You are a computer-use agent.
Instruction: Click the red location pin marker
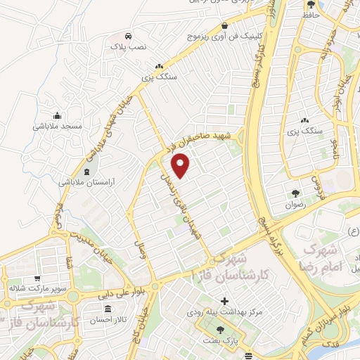(181, 166)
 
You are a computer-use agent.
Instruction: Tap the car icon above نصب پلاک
(127, 36)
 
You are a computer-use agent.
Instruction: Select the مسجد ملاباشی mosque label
(57, 126)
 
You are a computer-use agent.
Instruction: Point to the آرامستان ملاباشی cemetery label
(84, 181)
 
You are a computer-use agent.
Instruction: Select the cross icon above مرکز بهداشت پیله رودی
(205, 300)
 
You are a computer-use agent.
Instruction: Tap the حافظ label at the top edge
(309, 14)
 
